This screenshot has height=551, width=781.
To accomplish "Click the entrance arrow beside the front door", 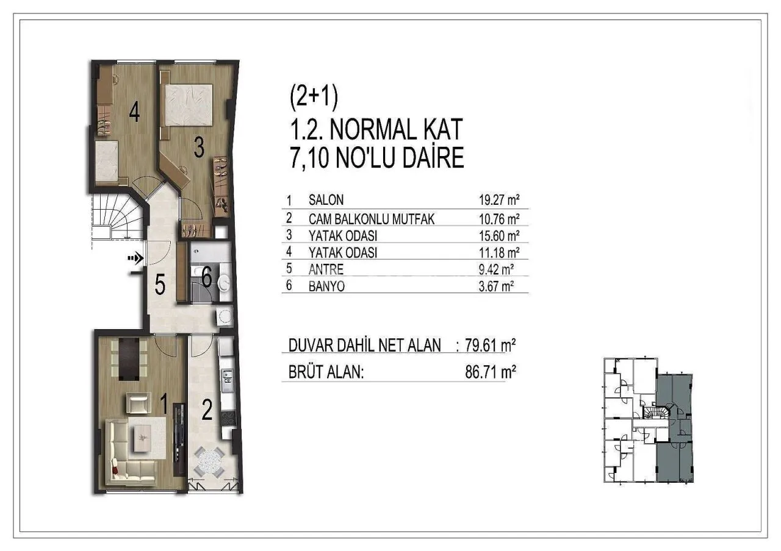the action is tap(135, 258).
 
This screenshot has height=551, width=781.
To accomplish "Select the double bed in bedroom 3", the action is tap(189, 105).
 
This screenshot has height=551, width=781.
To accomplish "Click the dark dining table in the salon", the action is tap(129, 359).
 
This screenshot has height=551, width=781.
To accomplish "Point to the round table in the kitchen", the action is tap(209, 461).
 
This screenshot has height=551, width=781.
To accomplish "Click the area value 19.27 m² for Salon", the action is tap(499, 200).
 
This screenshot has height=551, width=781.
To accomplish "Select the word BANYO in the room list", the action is tap(326, 286).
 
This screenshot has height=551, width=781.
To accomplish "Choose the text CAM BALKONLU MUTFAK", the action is tap(372, 219).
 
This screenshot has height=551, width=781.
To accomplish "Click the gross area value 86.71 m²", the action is tap(490, 372).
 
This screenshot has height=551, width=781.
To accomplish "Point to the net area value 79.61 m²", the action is tap(490, 346).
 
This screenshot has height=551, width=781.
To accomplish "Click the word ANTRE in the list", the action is tap(326, 269).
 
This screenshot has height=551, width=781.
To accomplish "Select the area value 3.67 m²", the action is tap(496, 286).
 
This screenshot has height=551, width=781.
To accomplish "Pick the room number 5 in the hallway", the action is tap(160, 285).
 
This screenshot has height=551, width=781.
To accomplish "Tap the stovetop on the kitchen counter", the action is tap(228, 418).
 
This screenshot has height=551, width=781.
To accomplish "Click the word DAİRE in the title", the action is tap(433, 158).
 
